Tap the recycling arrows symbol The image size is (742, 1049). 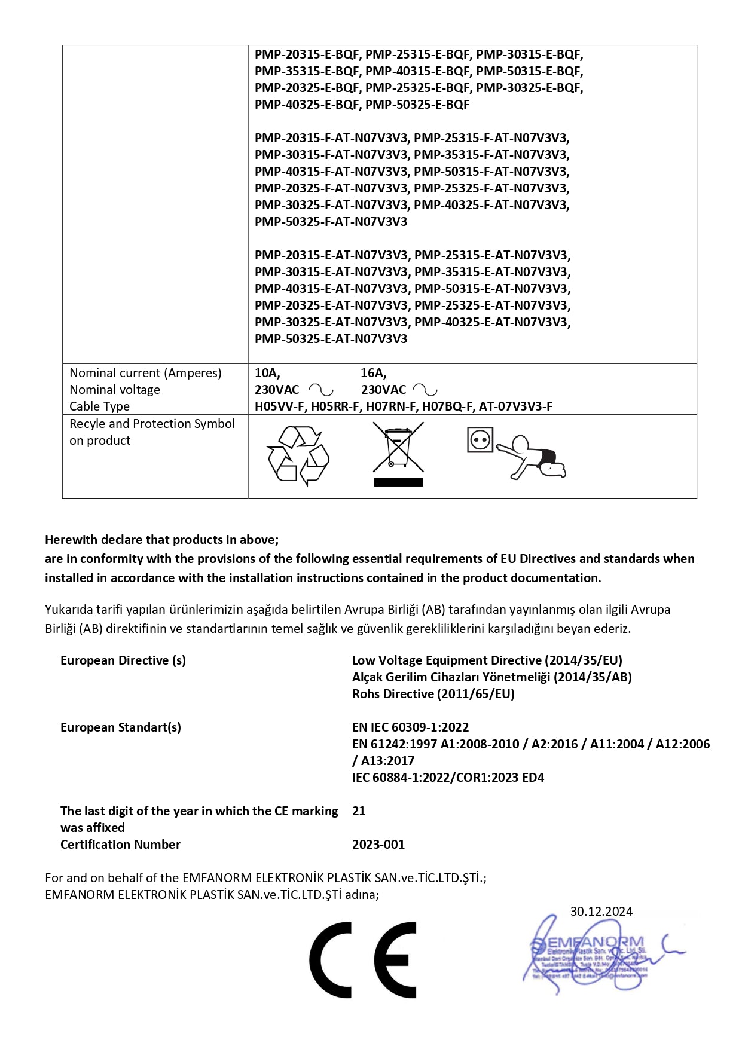tap(298, 455)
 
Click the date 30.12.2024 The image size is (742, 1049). tap(601, 911)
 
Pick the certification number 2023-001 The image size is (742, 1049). tap(378, 844)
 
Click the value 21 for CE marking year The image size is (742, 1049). tap(359, 811)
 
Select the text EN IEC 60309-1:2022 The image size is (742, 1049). tap(410, 727)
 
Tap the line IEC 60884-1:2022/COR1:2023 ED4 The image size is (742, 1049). tap(448, 777)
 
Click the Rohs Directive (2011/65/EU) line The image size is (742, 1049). tap(433, 693)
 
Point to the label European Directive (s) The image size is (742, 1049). tap(123, 660)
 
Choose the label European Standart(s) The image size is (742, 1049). tap(121, 727)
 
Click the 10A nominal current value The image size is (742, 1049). tap(267, 373)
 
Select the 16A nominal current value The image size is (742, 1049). tap(374, 373)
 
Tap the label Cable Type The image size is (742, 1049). tap(99, 406)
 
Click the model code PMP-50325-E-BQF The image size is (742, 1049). tap(417, 105)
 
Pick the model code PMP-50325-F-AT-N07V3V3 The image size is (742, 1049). tap(331, 222)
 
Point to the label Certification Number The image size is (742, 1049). tap(120, 844)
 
